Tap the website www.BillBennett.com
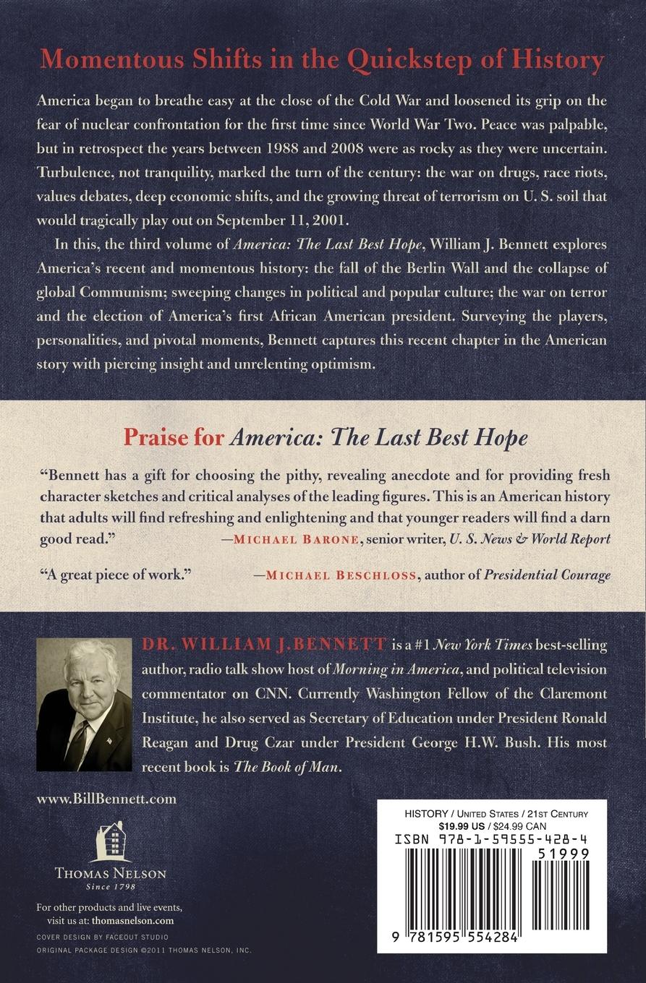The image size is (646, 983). click(106, 799)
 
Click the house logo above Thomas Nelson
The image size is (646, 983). click(111, 841)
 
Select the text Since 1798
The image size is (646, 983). click(111, 886)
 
